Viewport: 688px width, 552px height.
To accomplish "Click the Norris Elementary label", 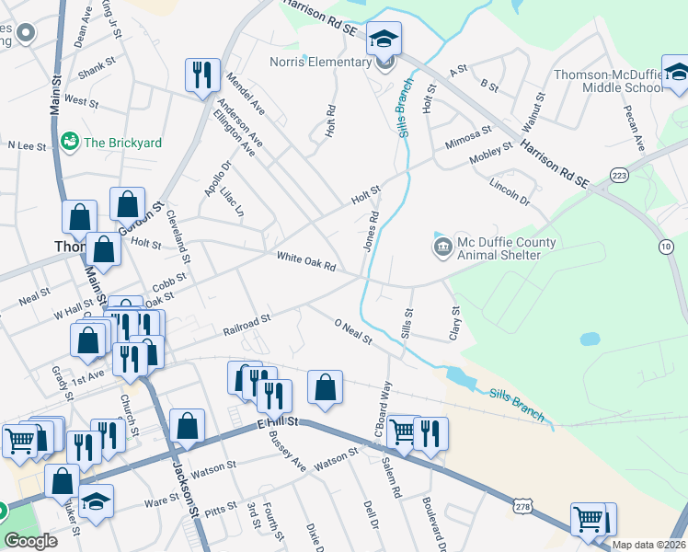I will pyautogui.click(x=320, y=63).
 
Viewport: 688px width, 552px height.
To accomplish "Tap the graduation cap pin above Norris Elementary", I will pyautogui.click(x=384, y=40).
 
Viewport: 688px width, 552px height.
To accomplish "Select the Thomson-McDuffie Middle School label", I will pyautogui.click(x=608, y=81).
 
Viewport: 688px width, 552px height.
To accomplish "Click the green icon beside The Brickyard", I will pyautogui.click(x=69, y=143).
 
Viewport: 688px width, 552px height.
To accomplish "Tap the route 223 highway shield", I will pyautogui.click(x=618, y=175).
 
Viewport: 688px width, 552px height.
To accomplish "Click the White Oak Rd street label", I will pyautogui.click(x=305, y=262).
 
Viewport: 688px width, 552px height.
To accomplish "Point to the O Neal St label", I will pyautogui.click(x=353, y=332).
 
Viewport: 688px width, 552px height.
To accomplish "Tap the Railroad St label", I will pyautogui.click(x=246, y=323).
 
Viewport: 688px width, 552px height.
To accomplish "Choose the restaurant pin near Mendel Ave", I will pyautogui.click(x=202, y=75).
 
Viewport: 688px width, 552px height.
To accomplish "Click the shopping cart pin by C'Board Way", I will pyautogui.click(x=402, y=432).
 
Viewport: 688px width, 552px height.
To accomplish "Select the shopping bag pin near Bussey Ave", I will pyautogui.click(x=325, y=387).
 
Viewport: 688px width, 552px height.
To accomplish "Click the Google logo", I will pyautogui.click(x=30, y=540).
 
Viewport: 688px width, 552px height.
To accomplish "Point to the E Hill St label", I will pyautogui.click(x=278, y=420).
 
